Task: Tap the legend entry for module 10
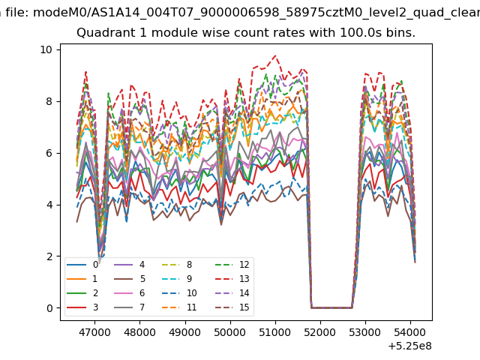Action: point(179,293)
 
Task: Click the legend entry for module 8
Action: point(177,265)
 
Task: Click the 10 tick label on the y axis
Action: point(46,49)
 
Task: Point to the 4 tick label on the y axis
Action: point(49,205)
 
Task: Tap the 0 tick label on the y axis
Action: point(49,308)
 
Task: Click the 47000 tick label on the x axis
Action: point(94,332)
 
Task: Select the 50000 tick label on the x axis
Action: point(230,332)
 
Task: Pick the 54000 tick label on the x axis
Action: point(410,332)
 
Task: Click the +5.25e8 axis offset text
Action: point(410,346)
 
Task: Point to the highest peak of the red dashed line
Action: point(275,55)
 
